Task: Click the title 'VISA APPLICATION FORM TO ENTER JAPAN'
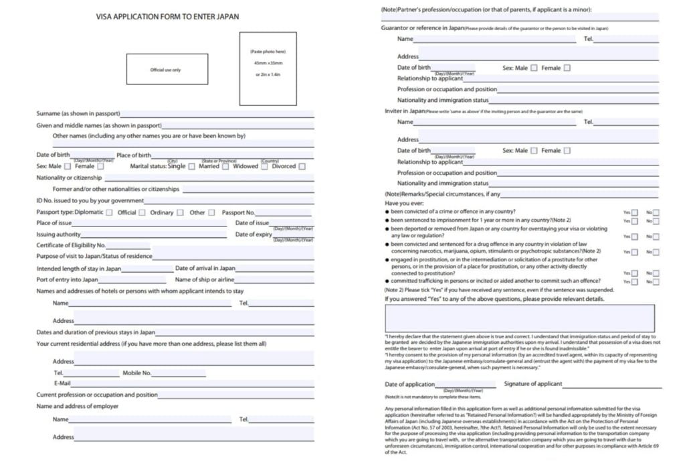[x=167, y=17]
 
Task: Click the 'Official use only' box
[x=165, y=69]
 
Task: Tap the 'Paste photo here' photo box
[x=268, y=68]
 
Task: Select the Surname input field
[x=217, y=114]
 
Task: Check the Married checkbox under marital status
[x=225, y=167]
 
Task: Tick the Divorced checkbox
[x=302, y=167]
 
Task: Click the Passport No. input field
[x=285, y=212]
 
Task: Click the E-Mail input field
[x=193, y=384]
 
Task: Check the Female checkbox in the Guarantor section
[x=567, y=68]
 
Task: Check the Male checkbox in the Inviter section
[x=534, y=151]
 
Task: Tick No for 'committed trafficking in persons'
[x=656, y=282]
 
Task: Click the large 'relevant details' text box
[x=519, y=318]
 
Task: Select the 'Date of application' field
[x=466, y=385]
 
